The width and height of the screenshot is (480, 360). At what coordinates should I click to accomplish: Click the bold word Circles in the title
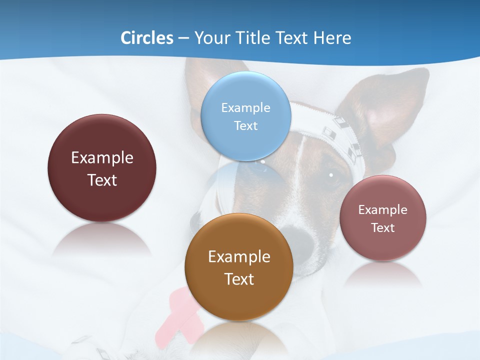pos(146,38)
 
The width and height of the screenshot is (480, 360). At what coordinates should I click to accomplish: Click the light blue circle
pos(245,116)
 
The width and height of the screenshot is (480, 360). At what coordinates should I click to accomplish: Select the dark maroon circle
pos(102,168)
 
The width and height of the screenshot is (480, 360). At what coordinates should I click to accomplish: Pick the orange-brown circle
pos(239,267)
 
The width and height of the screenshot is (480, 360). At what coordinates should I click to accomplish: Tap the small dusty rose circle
pos(382,218)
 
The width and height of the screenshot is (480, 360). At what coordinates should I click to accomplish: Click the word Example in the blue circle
pos(245,107)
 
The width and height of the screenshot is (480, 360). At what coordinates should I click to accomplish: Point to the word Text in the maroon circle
pos(102,180)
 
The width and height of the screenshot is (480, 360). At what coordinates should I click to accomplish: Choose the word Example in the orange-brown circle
pos(239,257)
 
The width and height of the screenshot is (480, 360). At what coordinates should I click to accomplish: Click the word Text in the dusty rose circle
pos(382,228)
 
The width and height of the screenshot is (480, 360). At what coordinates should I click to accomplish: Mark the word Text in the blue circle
pos(245,125)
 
